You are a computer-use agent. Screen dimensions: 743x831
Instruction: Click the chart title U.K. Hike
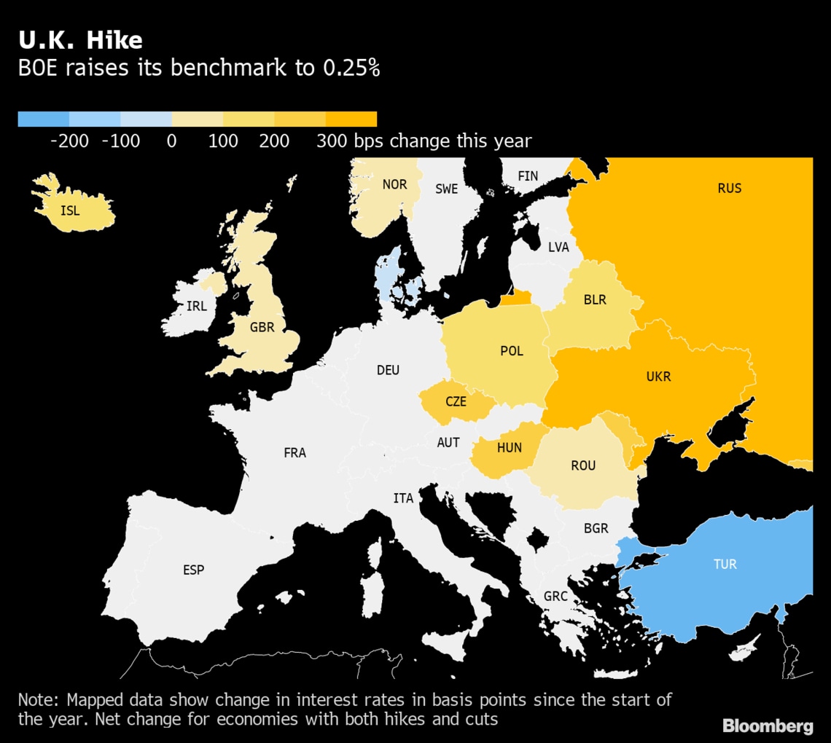80,39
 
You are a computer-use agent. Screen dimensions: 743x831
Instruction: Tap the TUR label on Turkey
725,565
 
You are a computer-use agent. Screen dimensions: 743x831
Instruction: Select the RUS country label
729,188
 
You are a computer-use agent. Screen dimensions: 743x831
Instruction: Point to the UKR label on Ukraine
658,377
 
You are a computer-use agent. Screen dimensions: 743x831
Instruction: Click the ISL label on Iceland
71,211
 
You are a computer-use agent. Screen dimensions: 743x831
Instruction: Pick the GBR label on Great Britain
262,328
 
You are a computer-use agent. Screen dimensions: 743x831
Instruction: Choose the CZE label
456,401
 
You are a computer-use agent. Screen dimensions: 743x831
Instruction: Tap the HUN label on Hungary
509,448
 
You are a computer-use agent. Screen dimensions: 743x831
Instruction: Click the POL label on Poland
512,351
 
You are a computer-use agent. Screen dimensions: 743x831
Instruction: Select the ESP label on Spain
194,570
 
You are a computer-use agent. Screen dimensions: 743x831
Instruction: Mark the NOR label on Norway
394,184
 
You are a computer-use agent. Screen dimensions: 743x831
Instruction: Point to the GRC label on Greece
555,597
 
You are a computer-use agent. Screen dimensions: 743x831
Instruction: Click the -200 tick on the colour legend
69,141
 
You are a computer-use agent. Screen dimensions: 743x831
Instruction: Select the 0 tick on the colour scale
172,141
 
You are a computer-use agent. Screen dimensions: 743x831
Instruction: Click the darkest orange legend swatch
351,119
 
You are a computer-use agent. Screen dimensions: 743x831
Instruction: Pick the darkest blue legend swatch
44,119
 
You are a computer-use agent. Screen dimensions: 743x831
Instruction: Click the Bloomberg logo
768,726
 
